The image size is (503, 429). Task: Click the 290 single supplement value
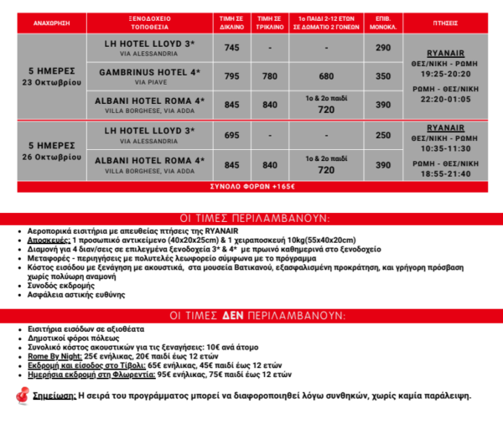[383, 48]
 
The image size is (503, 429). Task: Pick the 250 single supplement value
[383, 135]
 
